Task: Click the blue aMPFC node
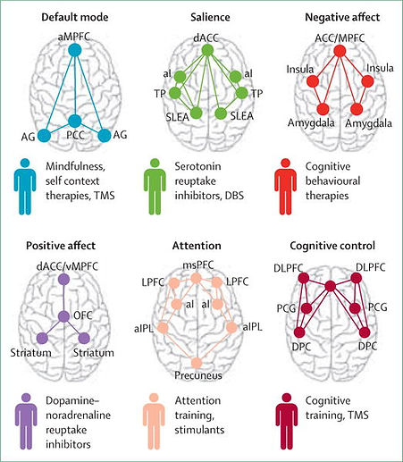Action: [74, 50]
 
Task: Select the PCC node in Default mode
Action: [75, 121]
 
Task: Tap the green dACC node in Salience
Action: [207, 50]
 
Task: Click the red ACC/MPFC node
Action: [340, 51]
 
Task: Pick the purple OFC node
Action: [63, 316]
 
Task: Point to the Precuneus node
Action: [197, 363]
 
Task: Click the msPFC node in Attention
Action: [196, 278]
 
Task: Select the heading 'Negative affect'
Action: [342, 17]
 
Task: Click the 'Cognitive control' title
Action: [332, 246]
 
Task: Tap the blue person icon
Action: [25, 187]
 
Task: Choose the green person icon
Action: [155, 187]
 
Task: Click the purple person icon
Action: [26, 421]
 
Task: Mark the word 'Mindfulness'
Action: [75, 166]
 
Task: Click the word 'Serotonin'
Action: [197, 166]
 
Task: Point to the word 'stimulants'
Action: [199, 430]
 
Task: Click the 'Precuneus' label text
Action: [198, 375]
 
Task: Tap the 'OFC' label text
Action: [83, 315]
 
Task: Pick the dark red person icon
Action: [287, 421]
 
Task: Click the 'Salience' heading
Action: [210, 17]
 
